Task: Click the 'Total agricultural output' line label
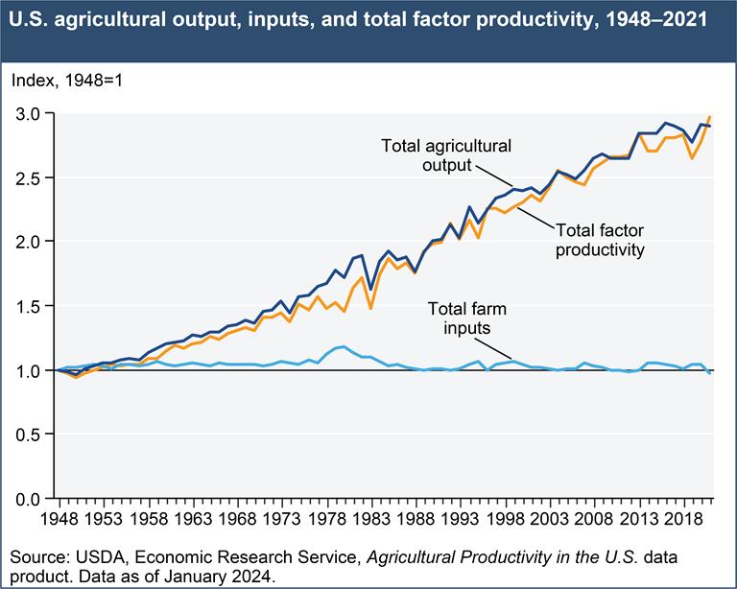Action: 446,154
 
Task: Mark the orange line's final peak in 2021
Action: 710,117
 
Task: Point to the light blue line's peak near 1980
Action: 344,346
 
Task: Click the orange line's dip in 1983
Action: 370,309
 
